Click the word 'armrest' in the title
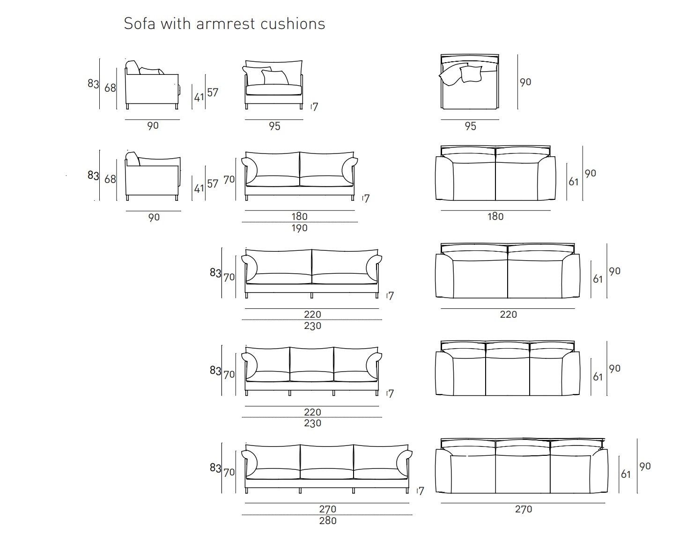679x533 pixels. coord(226,24)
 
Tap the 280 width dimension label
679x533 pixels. coord(328,521)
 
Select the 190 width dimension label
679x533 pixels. coord(300,228)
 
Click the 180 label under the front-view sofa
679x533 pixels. coord(299,216)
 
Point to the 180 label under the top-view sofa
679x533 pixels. coord(495,216)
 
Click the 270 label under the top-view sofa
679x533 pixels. coord(524,509)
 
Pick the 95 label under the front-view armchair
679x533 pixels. coord(274,126)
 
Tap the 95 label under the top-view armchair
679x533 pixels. coord(470,126)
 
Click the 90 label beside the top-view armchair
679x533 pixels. coord(525,82)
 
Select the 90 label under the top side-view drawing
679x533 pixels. coord(153,126)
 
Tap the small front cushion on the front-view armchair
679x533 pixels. coord(275,77)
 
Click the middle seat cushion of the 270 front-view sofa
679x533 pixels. coord(327,474)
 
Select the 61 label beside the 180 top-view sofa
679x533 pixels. coord(573,182)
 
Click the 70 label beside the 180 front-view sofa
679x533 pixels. coord(229,180)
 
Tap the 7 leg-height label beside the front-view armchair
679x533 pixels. coord(315,107)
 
